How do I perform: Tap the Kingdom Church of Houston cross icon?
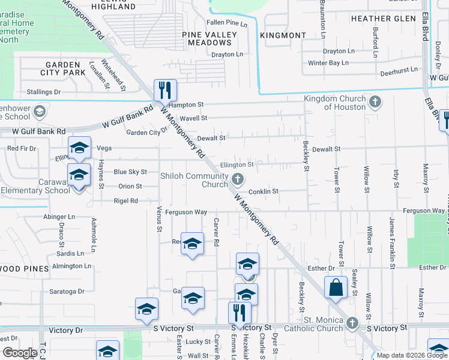point(375,101)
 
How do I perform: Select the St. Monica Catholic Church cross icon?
point(353,323)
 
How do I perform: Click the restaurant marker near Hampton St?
point(164,91)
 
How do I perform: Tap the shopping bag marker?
point(336,287)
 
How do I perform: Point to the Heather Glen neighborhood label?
point(383,19)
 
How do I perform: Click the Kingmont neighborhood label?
point(283,35)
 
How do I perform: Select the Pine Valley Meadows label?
point(210,39)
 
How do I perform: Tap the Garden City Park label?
point(63,68)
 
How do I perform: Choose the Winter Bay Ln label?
point(328,63)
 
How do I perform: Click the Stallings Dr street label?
point(44,92)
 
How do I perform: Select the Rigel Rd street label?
point(125,201)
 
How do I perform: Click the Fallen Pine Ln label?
point(227,23)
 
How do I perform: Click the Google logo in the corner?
point(20,353)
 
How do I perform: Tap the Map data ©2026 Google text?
point(411,355)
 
